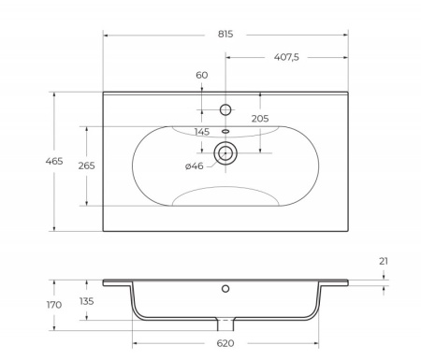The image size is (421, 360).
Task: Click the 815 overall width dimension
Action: (x=225, y=34)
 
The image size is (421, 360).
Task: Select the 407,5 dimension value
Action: (x=285, y=58)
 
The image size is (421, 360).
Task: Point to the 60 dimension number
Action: (x=202, y=75)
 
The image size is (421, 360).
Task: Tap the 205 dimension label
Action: (x=260, y=118)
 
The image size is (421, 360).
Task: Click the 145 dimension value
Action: (x=201, y=132)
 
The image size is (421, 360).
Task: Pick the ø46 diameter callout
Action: (x=194, y=166)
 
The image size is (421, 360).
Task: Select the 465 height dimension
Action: (x=54, y=162)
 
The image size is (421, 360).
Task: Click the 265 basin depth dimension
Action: (x=87, y=166)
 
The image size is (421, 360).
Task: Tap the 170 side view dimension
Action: (x=54, y=305)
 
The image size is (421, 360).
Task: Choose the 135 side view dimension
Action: (x=87, y=301)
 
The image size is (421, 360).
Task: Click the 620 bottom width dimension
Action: (x=225, y=343)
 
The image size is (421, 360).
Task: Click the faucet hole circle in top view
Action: (x=225, y=109)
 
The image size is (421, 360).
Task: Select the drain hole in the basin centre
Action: (x=225, y=152)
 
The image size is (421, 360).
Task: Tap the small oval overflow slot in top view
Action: (x=225, y=131)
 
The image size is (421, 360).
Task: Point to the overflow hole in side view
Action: (x=225, y=289)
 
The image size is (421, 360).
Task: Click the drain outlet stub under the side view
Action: (x=225, y=324)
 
